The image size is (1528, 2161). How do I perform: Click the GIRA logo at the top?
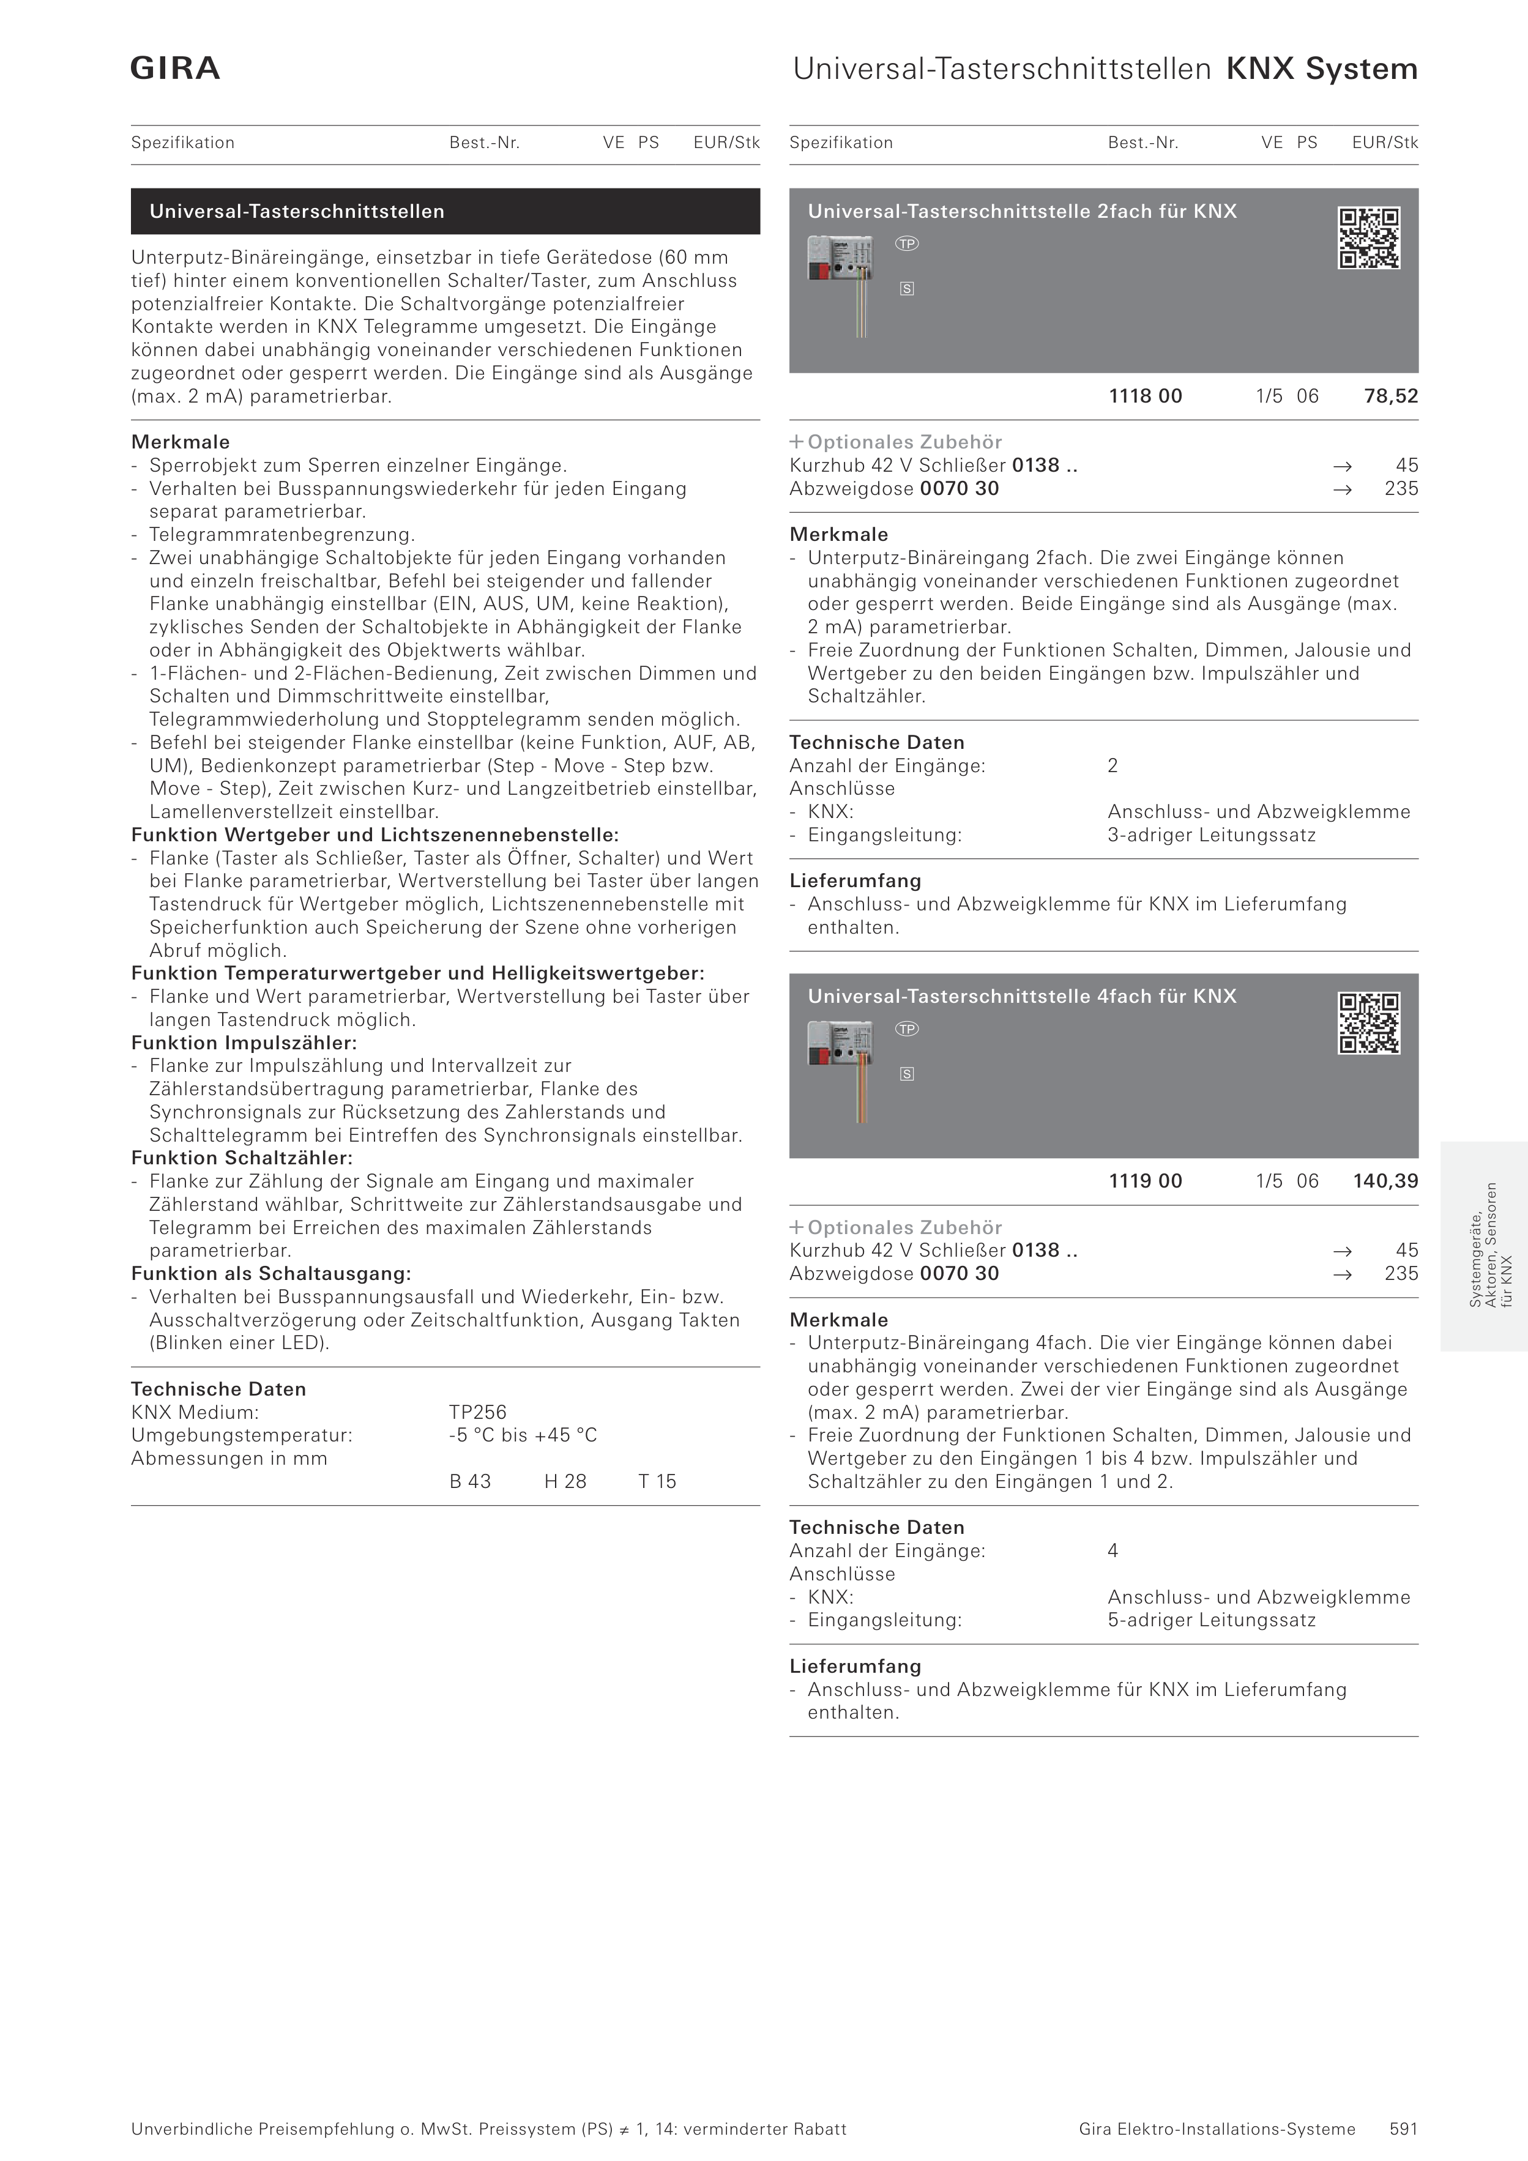coord(175,69)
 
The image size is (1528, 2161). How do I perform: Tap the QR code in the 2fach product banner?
coord(1369,238)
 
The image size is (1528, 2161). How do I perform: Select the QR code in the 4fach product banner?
coord(1369,1023)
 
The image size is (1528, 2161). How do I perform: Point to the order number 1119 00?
coord(1145,1181)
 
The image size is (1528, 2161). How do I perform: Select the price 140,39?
coord(1385,1181)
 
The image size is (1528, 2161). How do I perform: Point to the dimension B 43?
coord(470,1481)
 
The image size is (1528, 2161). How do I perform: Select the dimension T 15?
coord(657,1481)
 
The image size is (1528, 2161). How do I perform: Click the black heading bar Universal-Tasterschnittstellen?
coord(445,212)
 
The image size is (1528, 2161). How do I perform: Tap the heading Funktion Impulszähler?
coord(244,1043)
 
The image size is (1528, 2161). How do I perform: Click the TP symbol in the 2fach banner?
coord(907,244)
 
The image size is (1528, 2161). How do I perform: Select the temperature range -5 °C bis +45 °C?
coord(523,1435)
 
